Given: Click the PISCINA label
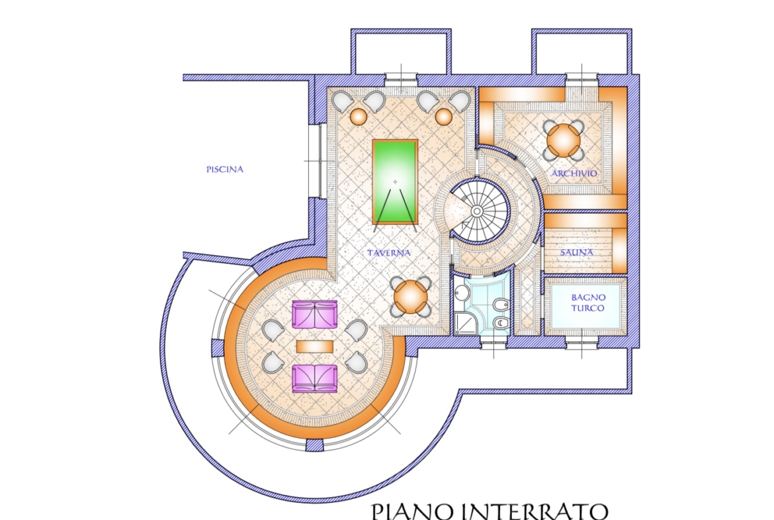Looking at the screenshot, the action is point(225,169).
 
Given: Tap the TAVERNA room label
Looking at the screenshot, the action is point(389,252).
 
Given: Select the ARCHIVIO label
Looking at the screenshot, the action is point(574,173).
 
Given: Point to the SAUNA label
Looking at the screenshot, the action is point(577,252).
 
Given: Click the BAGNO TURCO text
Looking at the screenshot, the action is point(588,303).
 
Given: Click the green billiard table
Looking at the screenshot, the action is point(395,182).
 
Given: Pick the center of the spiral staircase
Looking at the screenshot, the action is point(477,211).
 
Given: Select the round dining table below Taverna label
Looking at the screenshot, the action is point(410,297).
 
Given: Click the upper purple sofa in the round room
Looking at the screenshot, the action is point(315,315).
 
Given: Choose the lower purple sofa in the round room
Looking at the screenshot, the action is point(315,379).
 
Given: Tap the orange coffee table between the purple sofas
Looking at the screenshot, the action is point(315,346).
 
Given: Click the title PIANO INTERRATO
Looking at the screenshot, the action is point(489,511).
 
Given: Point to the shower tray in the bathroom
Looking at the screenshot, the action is point(465,324).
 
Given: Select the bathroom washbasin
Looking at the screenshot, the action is point(461,293).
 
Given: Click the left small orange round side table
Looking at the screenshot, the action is point(359,117).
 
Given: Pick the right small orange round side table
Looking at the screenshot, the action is point(443,117).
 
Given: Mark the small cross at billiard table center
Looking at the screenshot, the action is point(395,182).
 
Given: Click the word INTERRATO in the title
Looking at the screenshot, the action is point(538,511).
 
